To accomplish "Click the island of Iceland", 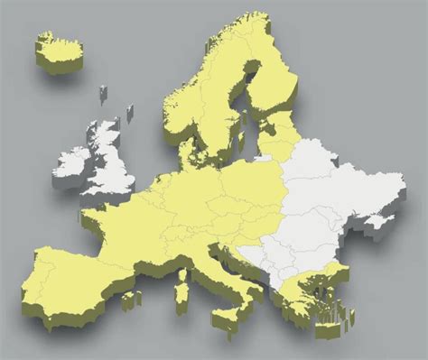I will (x=59, y=50).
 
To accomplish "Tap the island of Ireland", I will (x=74, y=162).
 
